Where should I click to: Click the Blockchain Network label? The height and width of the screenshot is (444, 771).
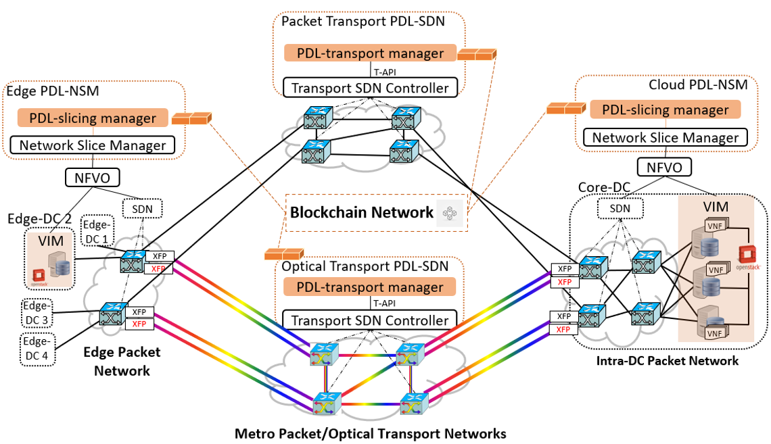(x=361, y=213)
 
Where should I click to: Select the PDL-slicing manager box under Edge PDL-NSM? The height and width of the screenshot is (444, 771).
(x=93, y=118)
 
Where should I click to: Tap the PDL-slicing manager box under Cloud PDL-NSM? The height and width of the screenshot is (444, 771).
(x=665, y=109)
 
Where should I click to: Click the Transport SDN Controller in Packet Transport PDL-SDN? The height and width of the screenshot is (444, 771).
(x=369, y=88)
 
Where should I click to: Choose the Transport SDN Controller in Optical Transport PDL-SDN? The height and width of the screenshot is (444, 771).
(x=369, y=320)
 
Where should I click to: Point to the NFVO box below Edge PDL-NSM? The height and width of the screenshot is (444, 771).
(x=93, y=178)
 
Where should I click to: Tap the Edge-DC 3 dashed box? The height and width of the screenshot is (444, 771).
(x=38, y=312)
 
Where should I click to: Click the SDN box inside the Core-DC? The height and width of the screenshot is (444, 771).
(x=620, y=209)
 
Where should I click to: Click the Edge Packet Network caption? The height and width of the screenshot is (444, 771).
(x=122, y=361)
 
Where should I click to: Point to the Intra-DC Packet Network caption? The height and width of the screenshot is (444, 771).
(x=667, y=361)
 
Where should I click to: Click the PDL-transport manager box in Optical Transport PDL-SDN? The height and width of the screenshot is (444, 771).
(x=369, y=287)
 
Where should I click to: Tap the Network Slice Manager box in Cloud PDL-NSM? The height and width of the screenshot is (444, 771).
(x=665, y=138)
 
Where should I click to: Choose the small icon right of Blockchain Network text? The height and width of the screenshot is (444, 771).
(x=450, y=213)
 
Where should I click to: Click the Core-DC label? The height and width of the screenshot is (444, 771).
(x=601, y=187)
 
